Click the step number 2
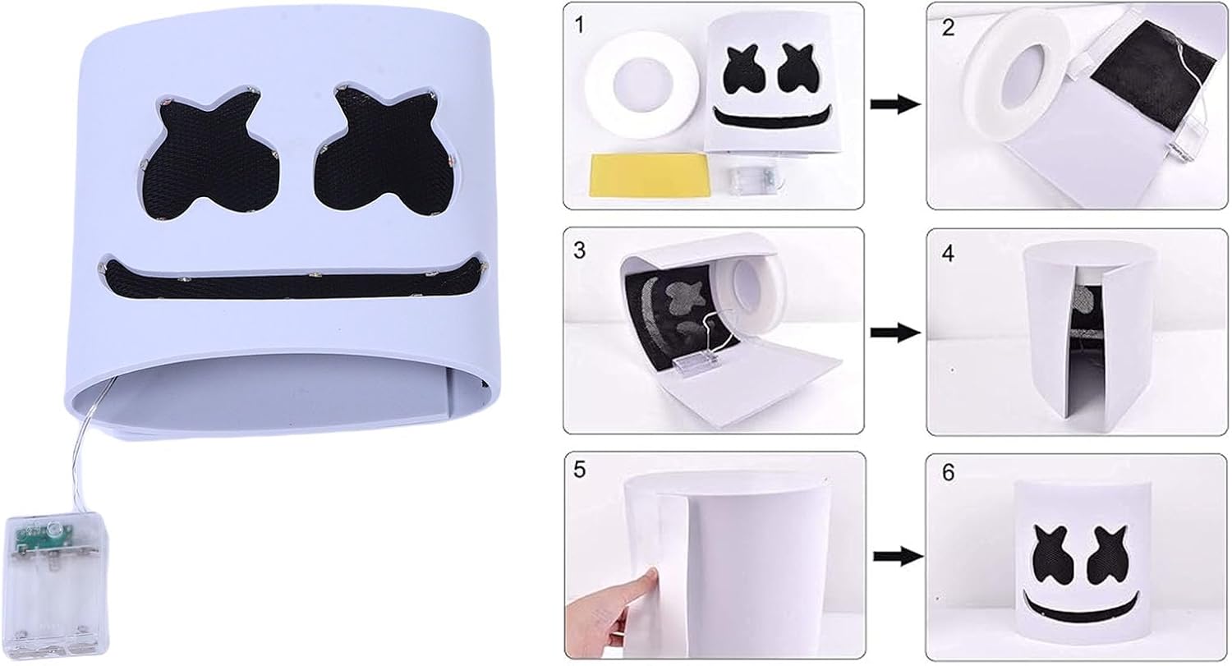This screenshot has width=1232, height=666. [948, 27]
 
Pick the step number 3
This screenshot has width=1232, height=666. [579, 250]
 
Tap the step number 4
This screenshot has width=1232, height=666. [948, 253]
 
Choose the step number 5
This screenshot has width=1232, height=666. [579, 471]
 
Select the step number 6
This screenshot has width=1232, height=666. [948, 473]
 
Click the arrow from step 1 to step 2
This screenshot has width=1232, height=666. [895, 104]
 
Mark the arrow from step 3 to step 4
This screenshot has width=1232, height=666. [895, 333]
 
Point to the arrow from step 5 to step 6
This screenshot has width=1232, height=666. [899, 557]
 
